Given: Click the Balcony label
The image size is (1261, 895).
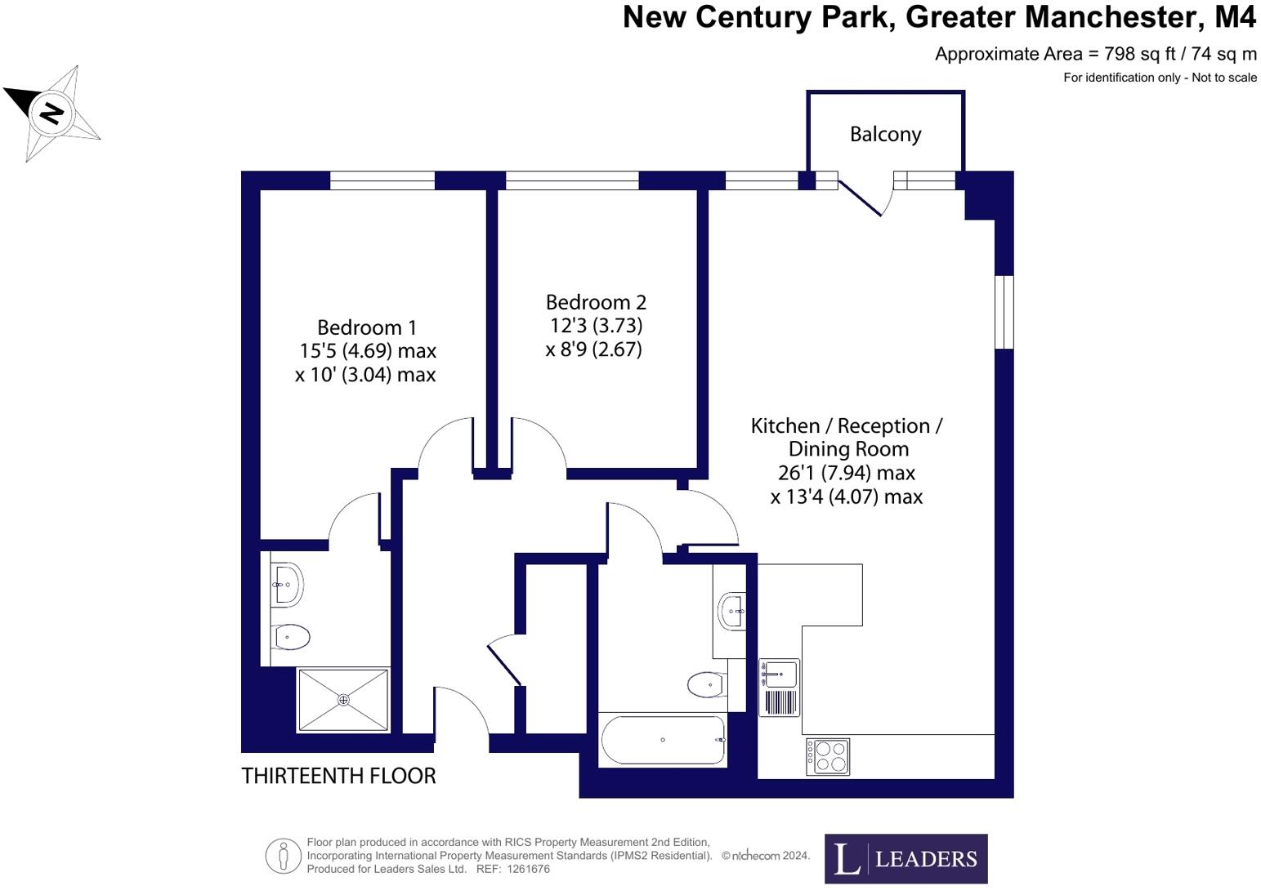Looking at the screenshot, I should click(x=885, y=134).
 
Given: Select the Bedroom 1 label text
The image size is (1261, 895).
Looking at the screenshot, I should click(x=366, y=327).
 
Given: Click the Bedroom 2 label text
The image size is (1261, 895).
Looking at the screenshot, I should click(x=596, y=302).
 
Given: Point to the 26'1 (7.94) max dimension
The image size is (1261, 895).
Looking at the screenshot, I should click(x=846, y=473).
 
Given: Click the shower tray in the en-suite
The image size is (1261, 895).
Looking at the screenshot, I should click(x=343, y=700).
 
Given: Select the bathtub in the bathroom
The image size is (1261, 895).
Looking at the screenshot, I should click(x=663, y=740).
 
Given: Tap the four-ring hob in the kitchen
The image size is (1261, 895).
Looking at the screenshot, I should click(x=828, y=756).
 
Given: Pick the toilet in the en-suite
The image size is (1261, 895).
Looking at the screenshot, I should click(x=291, y=637).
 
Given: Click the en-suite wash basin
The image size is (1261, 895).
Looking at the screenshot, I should click(x=287, y=584).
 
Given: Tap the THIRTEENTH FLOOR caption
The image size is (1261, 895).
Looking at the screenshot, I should click(x=338, y=776).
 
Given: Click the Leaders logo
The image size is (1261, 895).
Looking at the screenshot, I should click(x=906, y=858).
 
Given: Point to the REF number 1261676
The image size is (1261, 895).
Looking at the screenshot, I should click(x=528, y=869).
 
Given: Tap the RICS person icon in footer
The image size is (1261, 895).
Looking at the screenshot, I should click(x=284, y=856).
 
